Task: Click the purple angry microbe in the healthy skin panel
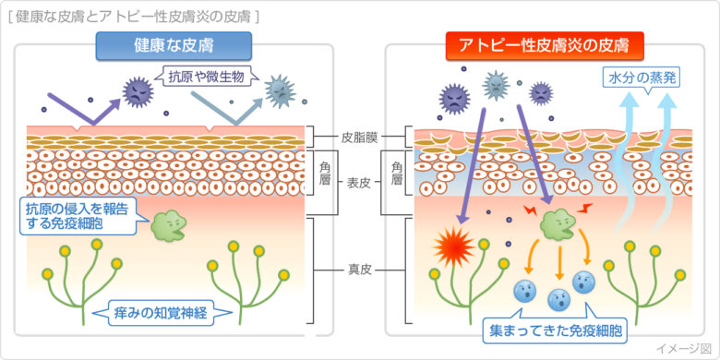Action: [x=138, y=90]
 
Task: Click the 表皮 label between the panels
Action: [x=359, y=183]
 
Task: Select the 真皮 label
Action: [x=359, y=270]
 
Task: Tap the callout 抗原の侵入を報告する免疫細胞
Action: [x=78, y=216]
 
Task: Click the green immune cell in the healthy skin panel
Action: [x=168, y=224]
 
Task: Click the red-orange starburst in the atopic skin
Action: [x=454, y=247]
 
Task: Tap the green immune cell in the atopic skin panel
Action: [x=558, y=222]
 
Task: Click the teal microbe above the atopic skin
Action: [x=497, y=86]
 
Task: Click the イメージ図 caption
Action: [x=683, y=348]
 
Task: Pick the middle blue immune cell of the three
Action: [x=558, y=299]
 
